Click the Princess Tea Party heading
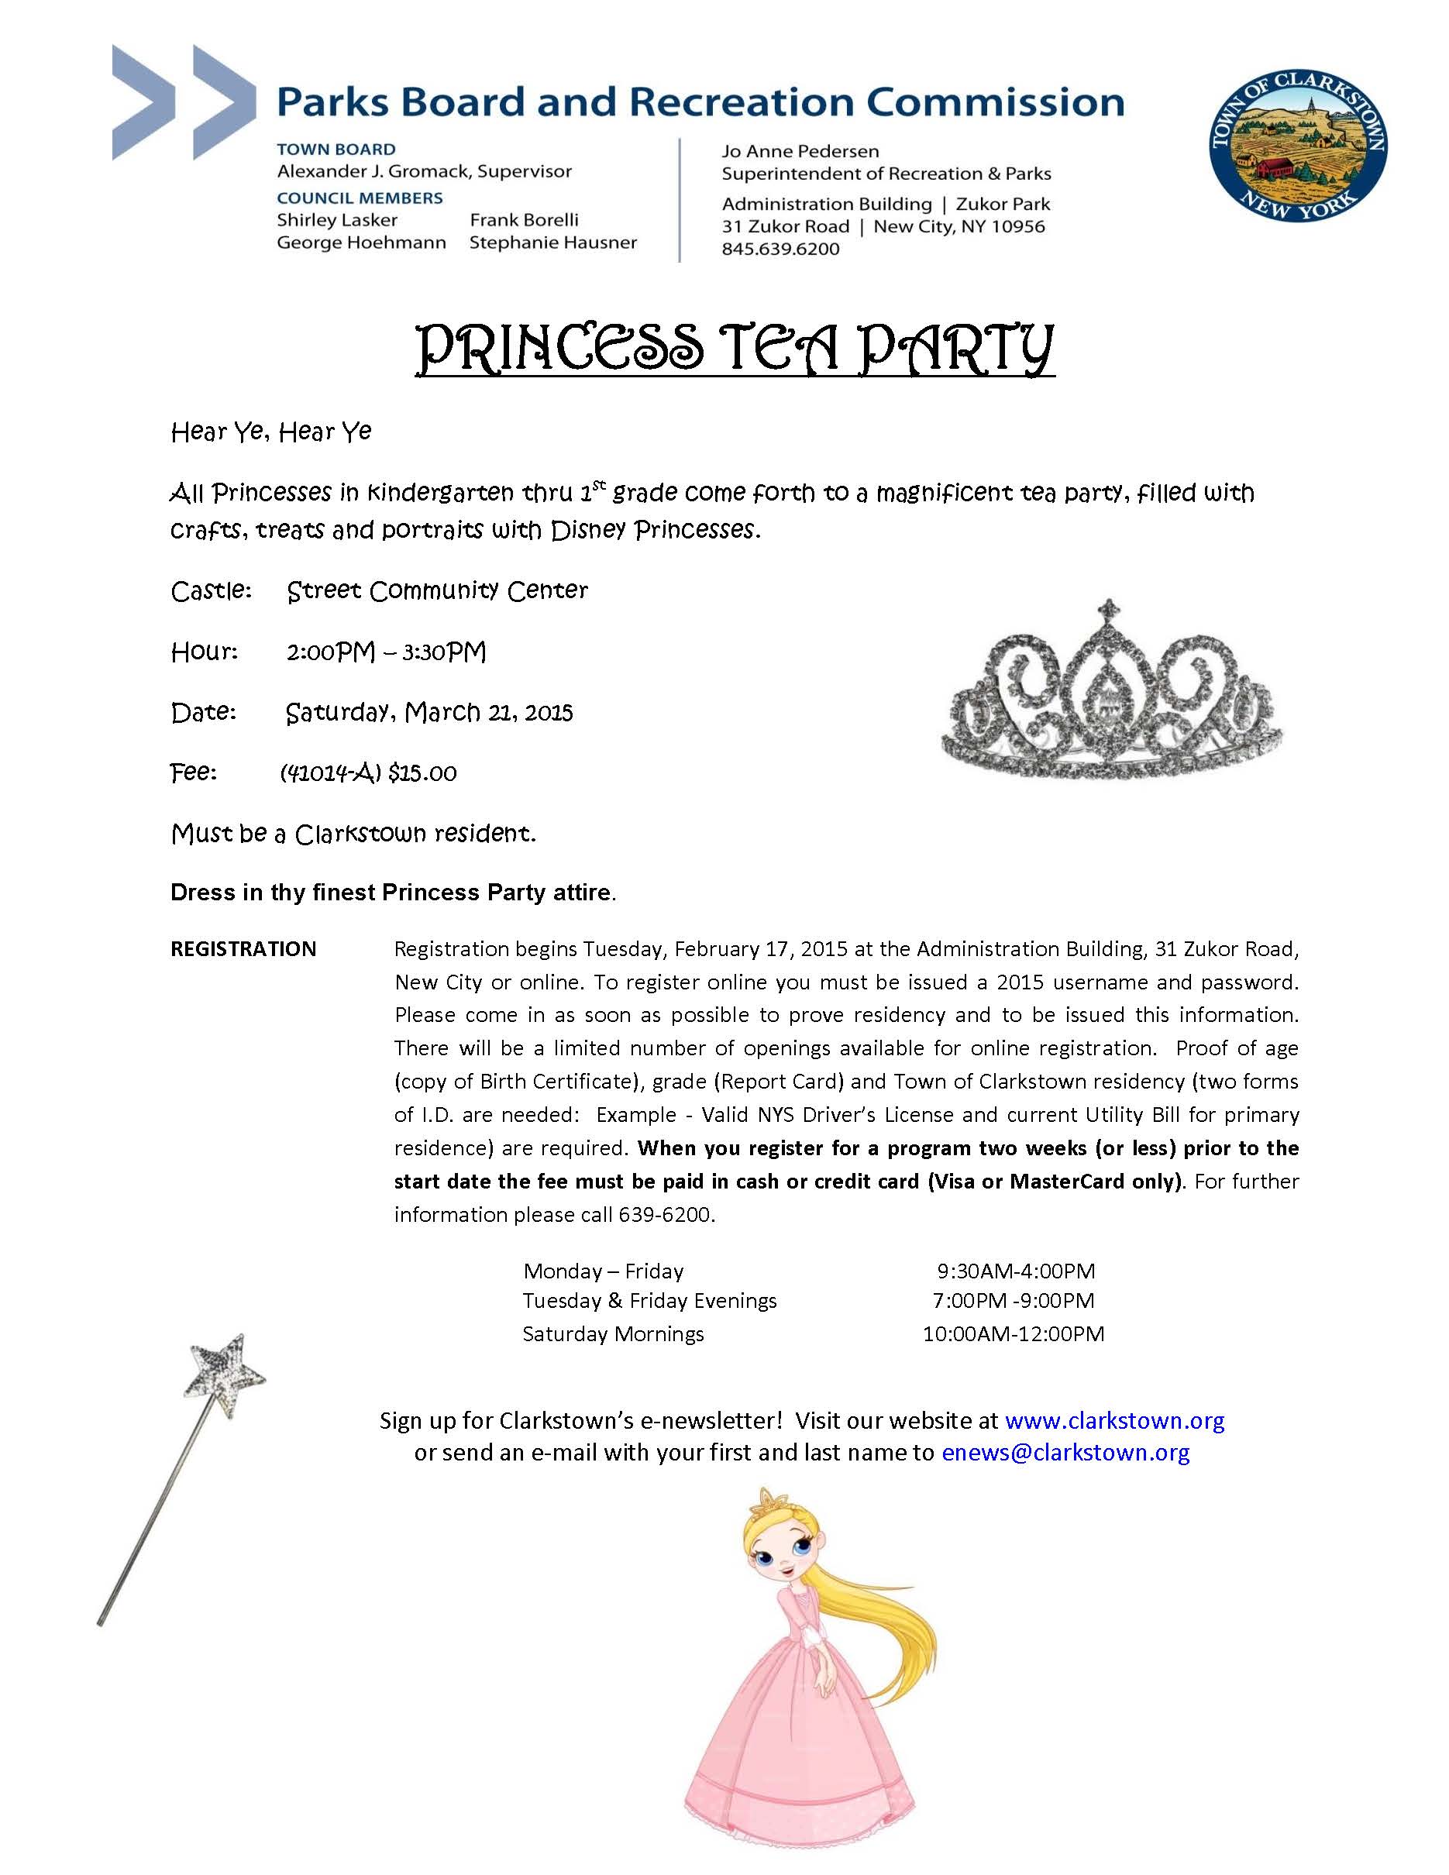tap(735, 350)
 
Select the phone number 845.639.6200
tap(780, 249)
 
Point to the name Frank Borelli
tap(524, 220)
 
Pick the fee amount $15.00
tap(422, 773)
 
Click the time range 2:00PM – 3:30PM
tap(387, 652)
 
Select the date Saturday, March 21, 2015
tap(429, 713)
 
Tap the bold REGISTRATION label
tap(244, 948)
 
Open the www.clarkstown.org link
tap(1114, 1421)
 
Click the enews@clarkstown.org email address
tap(1065, 1453)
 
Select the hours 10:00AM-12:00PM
tap(1013, 1334)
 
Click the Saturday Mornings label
tap(613, 1334)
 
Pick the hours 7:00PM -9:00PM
tap(1013, 1302)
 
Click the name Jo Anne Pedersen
tap(800, 151)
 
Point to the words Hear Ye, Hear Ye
tap(271, 431)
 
